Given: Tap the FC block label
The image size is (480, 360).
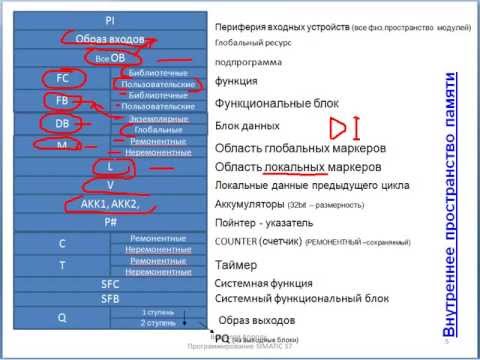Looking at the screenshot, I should (62, 76).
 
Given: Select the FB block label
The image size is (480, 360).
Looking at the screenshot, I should (62, 101).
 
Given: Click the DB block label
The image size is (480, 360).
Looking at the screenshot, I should (62, 124).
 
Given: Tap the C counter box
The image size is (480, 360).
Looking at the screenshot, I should (62, 244).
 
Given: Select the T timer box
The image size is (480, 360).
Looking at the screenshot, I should (62, 266).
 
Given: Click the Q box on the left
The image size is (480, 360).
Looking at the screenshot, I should (62, 318).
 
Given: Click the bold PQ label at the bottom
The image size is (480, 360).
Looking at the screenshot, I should (223, 339).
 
